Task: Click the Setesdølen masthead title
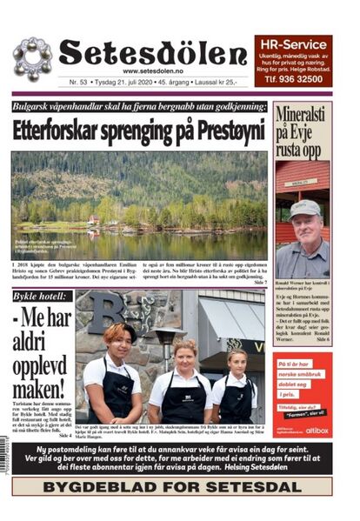click(x=153, y=54)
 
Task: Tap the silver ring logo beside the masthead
click(x=32, y=58)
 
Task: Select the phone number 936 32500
click(x=305, y=78)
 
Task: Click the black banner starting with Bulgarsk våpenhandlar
click(x=139, y=106)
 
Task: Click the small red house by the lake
click(x=93, y=220)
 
